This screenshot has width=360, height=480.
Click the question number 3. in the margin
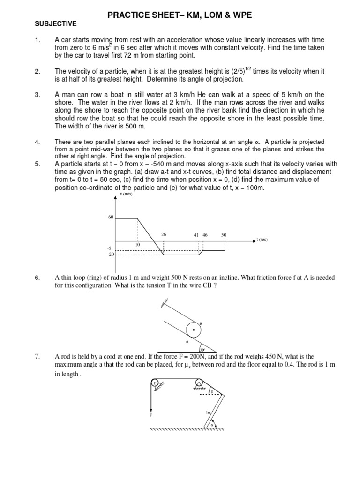(x=37, y=95)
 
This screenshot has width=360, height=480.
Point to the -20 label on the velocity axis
(x=110, y=255)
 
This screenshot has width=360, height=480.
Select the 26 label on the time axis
(x=164, y=234)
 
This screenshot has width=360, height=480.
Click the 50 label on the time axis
(x=224, y=234)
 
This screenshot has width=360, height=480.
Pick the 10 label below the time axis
(x=138, y=245)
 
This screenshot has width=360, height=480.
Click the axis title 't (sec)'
(x=262, y=240)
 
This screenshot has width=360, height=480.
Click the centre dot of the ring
(x=193, y=330)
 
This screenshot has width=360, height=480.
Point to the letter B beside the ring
(x=201, y=323)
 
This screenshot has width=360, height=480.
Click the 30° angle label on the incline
(x=202, y=349)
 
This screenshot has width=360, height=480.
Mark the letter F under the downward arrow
(x=150, y=415)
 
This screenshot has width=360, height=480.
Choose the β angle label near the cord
(x=212, y=390)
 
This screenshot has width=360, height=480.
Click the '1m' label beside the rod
(x=208, y=412)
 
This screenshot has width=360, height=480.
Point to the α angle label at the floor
(x=212, y=425)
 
